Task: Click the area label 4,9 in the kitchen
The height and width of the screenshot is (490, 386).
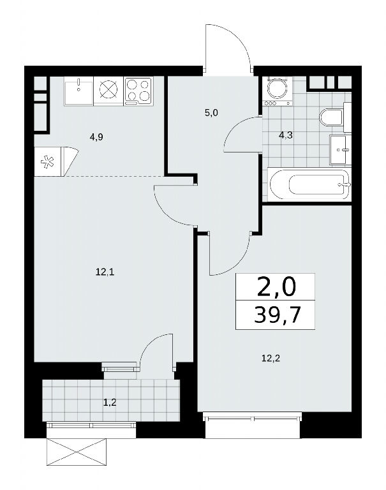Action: [96, 137]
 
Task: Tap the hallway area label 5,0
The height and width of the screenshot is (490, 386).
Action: [211, 113]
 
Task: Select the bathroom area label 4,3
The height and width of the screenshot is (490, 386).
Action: [286, 136]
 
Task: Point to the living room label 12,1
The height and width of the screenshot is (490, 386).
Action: [105, 272]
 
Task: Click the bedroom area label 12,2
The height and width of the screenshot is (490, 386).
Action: [271, 358]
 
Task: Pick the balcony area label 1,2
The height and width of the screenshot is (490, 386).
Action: [110, 402]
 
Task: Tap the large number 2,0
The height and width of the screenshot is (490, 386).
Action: [276, 288]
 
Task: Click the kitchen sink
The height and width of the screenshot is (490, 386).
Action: [78, 91]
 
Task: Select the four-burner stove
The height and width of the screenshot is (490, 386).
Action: [138, 91]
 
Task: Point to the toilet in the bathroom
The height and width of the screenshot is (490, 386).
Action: [332, 117]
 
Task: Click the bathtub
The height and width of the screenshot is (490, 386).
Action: [309, 184]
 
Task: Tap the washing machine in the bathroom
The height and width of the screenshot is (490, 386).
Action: [278, 91]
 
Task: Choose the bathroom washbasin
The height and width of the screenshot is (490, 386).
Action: [340, 150]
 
